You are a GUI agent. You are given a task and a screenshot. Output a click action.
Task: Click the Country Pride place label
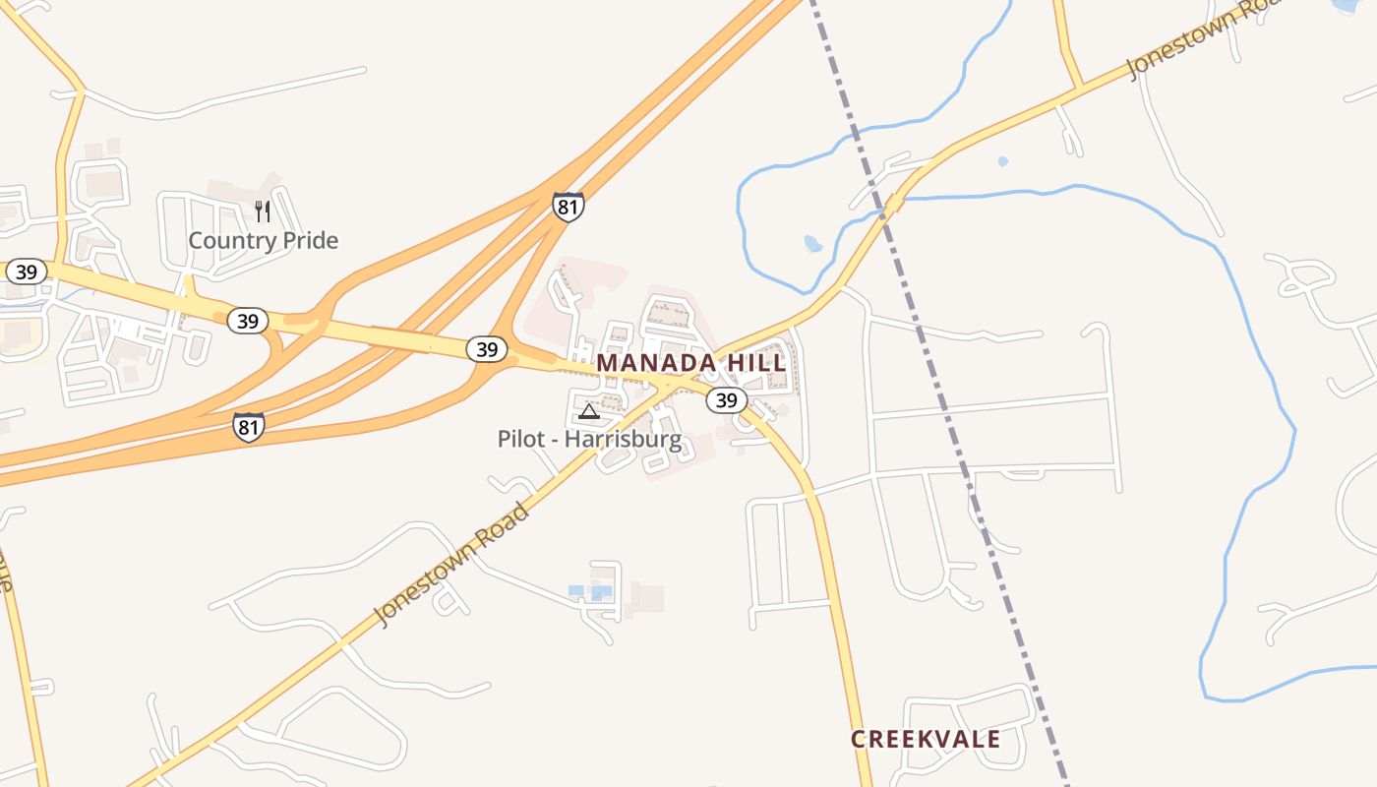(x=263, y=240)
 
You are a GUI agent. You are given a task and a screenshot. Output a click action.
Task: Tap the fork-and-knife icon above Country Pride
(x=263, y=211)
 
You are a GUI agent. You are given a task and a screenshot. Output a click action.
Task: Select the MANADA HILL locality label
(x=691, y=363)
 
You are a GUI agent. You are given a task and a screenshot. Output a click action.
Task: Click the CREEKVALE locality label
(x=926, y=740)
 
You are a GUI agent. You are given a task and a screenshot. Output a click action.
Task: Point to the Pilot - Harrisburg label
(x=589, y=439)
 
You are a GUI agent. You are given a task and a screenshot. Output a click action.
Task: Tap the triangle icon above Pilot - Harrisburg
(x=588, y=411)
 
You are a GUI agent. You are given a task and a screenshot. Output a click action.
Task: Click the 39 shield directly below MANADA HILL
(x=726, y=399)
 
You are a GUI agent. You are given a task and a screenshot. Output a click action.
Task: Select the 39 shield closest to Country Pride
(x=248, y=321)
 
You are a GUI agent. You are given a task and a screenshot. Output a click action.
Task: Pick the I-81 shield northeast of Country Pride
(x=568, y=207)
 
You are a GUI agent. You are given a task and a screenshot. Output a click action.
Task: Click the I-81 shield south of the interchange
(x=249, y=426)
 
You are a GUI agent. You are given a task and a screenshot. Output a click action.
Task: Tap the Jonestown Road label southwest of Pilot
(x=452, y=562)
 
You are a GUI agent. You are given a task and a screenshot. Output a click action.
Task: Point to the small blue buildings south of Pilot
(x=590, y=591)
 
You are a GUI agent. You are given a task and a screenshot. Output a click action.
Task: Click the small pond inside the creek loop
(x=812, y=243)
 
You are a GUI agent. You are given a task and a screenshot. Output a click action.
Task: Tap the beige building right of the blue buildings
(x=647, y=597)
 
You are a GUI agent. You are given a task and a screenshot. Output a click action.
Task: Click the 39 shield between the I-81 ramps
(x=486, y=349)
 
